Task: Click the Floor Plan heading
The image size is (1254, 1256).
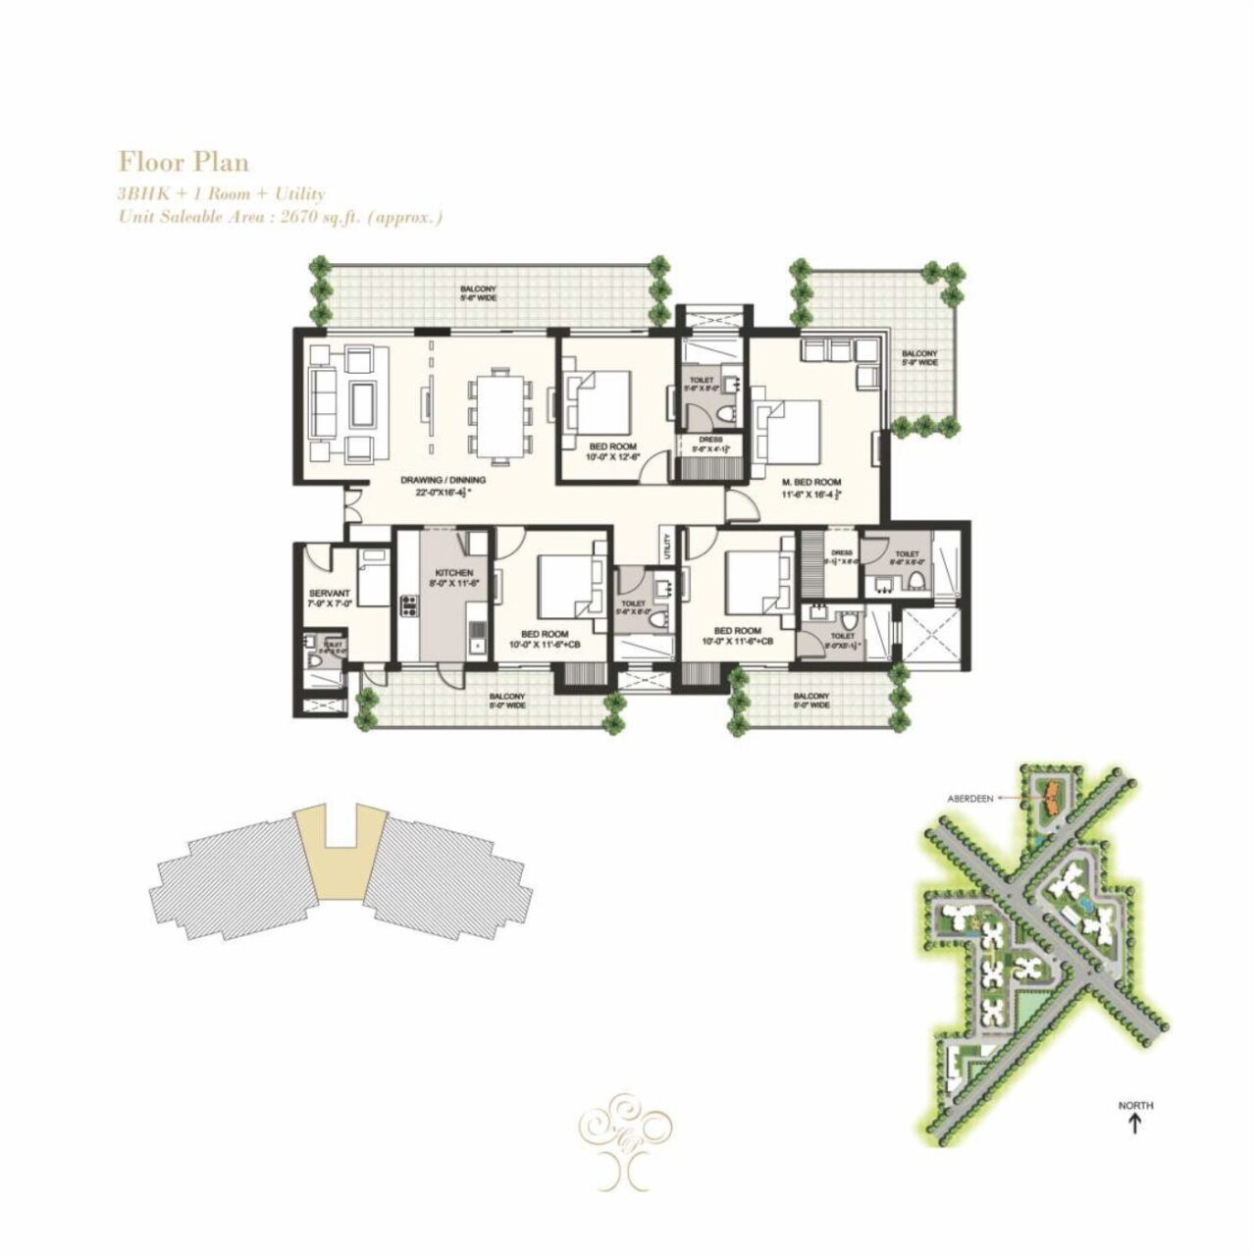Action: (183, 161)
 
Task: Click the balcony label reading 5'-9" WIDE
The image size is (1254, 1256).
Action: (919, 358)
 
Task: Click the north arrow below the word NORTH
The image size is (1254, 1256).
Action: (1135, 1125)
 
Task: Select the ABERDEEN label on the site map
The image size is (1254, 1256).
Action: (969, 799)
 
